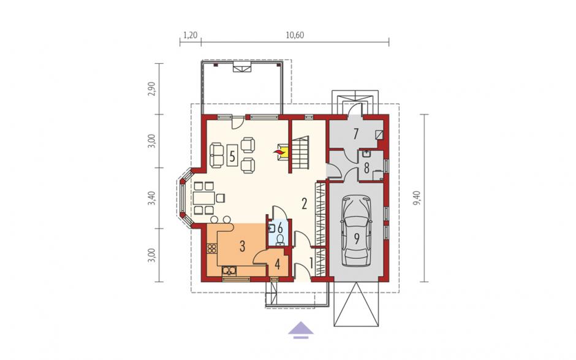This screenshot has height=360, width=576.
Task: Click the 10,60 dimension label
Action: tap(295, 36)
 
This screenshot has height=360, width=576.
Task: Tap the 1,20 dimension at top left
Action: tap(191, 36)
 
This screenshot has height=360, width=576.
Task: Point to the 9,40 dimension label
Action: tap(416, 198)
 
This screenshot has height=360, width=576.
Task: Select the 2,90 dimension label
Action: tap(151, 89)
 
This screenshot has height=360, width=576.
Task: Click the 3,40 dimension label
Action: tap(151, 198)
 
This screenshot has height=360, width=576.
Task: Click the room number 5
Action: tap(232, 156)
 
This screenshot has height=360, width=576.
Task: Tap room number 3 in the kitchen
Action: tap(242, 246)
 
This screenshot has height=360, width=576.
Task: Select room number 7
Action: tap(355, 134)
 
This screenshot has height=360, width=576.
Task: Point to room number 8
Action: tap(366, 168)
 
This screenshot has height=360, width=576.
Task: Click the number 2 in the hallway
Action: tap(304, 204)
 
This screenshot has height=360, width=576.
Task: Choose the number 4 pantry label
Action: tap(278, 264)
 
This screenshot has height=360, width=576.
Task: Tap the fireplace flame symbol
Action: tap(279, 151)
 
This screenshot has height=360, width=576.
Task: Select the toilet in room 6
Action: tap(280, 240)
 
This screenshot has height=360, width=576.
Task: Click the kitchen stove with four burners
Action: tap(212, 248)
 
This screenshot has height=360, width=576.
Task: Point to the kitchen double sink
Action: tap(230, 271)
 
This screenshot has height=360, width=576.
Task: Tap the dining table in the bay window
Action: tap(204, 198)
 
